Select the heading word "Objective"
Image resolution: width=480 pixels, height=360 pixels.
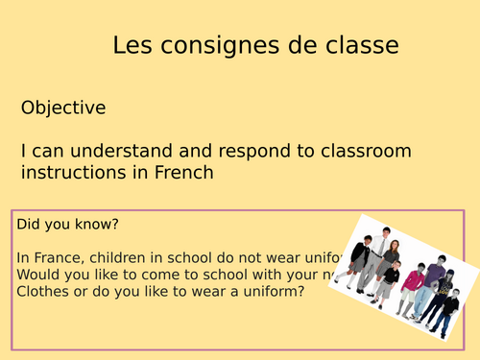[63, 108]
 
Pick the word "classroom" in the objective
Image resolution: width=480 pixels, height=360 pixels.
[365, 151]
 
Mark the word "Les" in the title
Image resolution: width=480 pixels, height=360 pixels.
[130, 45]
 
